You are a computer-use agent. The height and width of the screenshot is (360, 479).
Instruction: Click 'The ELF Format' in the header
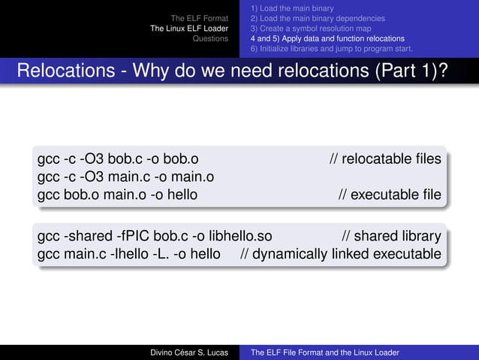tap(199, 18)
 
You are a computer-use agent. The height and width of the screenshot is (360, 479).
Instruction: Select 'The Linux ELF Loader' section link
tap(189, 29)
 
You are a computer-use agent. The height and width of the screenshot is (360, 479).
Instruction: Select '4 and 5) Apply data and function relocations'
tap(327, 38)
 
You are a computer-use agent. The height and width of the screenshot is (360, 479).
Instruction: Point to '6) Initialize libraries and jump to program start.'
tap(331, 49)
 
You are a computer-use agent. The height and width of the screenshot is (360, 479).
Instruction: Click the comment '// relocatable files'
tap(385, 159)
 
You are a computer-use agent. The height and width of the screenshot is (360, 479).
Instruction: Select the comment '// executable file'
tap(390, 195)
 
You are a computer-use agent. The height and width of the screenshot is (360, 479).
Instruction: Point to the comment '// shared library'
tap(391, 236)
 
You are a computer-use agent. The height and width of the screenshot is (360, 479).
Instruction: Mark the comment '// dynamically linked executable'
tap(341, 254)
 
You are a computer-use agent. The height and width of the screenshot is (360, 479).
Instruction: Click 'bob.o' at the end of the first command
tap(182, 159)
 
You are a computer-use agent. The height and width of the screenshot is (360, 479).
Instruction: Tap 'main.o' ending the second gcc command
tap(194, 177)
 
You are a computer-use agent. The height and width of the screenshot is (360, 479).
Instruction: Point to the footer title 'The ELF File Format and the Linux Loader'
tap(324, 352)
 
